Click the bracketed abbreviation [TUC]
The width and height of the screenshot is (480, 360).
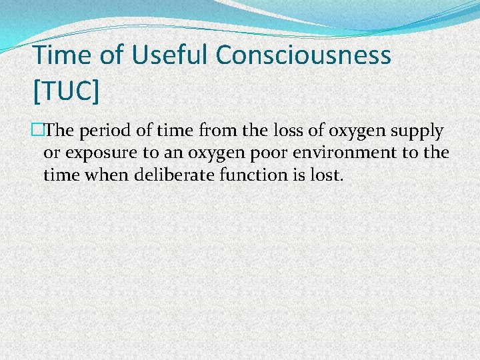66,91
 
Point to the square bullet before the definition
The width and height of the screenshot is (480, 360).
37,130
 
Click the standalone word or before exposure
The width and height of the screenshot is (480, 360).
51,153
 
